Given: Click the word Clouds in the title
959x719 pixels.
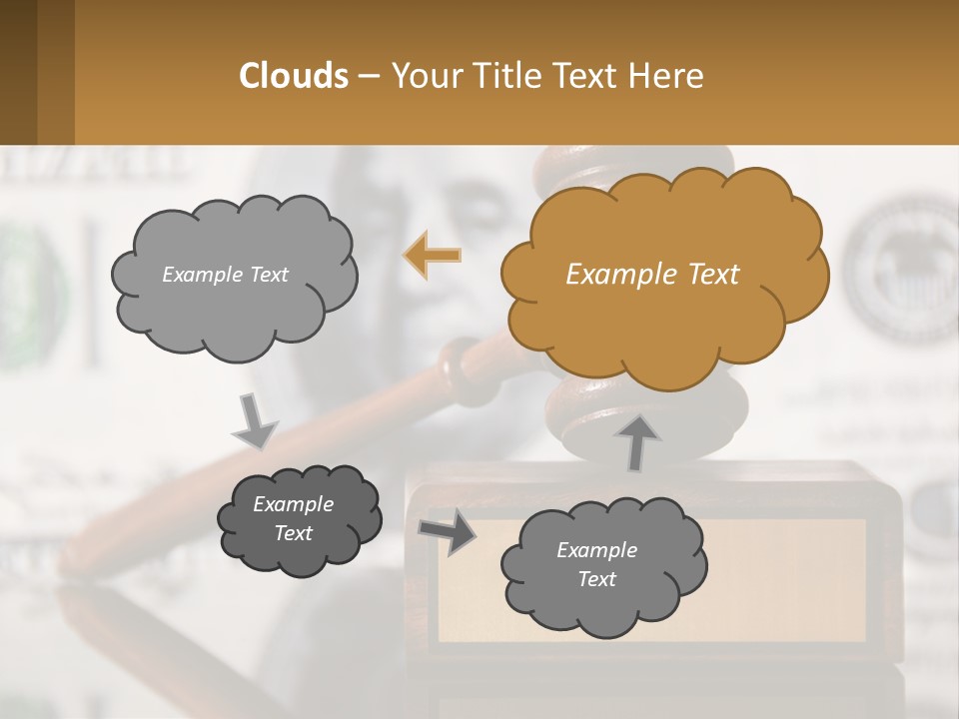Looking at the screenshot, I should (294, 76).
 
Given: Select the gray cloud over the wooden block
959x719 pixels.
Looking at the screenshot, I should (602, 565).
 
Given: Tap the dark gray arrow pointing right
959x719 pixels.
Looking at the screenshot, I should (448, 532).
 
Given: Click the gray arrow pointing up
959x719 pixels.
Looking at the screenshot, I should (638, 440).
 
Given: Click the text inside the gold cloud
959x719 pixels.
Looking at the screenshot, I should (652, 275).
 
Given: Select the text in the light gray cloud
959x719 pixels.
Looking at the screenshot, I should (225, 275).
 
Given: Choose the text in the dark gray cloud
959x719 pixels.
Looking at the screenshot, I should (293, 518).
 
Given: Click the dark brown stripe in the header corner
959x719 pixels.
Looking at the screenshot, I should (18, 72).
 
